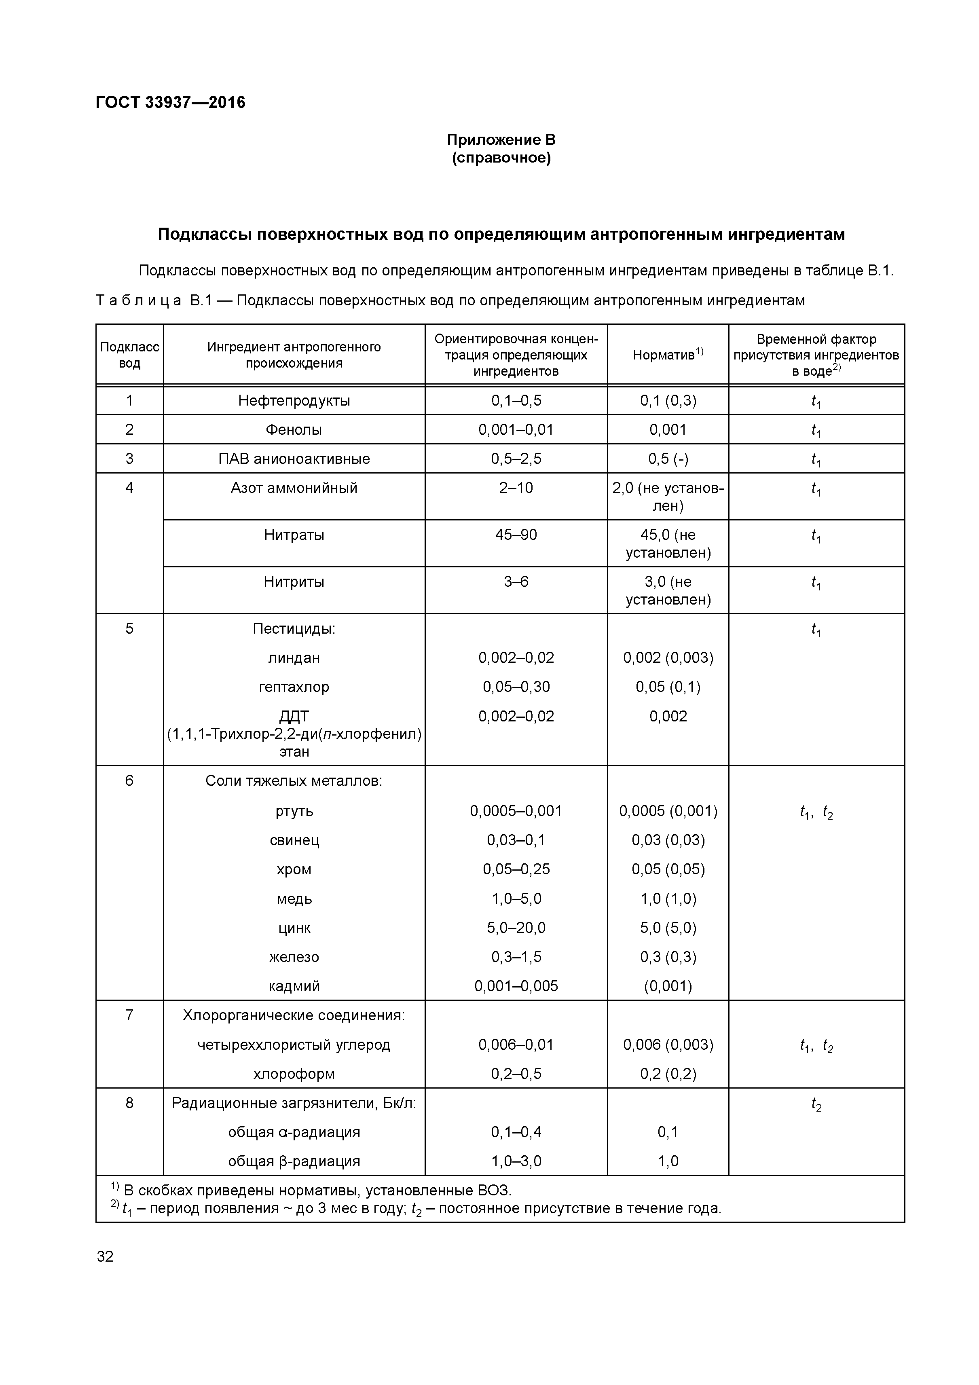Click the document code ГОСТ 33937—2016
coord(170,103)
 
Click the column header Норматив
coord(667,355)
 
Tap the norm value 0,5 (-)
coord(668,459)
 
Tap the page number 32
coord(105,1256)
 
